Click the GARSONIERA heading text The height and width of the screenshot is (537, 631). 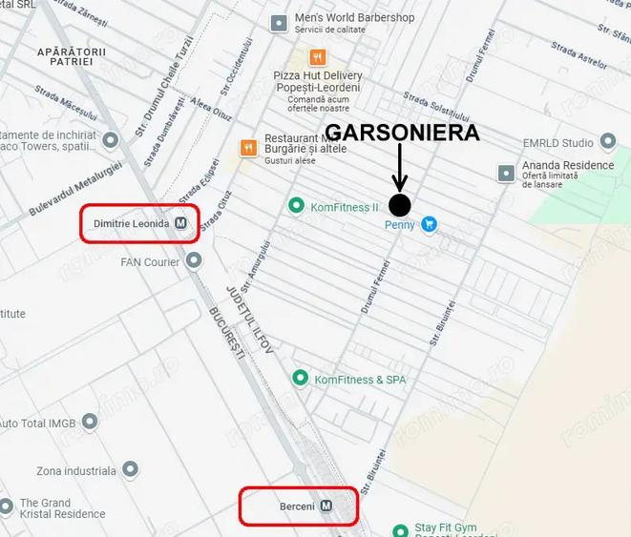tap(402, 133)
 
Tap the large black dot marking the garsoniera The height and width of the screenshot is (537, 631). tap(400, 204)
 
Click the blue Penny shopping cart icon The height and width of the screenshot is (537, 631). tap(430, 225)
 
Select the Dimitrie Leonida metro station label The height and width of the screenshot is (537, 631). tap(132, 223)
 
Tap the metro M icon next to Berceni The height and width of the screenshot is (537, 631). tap(327, 506)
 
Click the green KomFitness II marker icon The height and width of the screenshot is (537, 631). tap(296, 206)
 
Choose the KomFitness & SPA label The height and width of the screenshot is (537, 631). tap(360, 380)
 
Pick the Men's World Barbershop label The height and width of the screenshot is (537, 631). tap(354, 17)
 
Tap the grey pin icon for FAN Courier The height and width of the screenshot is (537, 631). tap(195, 260)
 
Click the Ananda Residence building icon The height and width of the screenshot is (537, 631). tap(507, 173)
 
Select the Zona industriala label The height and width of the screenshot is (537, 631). tap(75, 471)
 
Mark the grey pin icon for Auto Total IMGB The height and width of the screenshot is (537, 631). tap(91, 422)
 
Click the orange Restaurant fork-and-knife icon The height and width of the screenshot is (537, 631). tap(248, 147)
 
